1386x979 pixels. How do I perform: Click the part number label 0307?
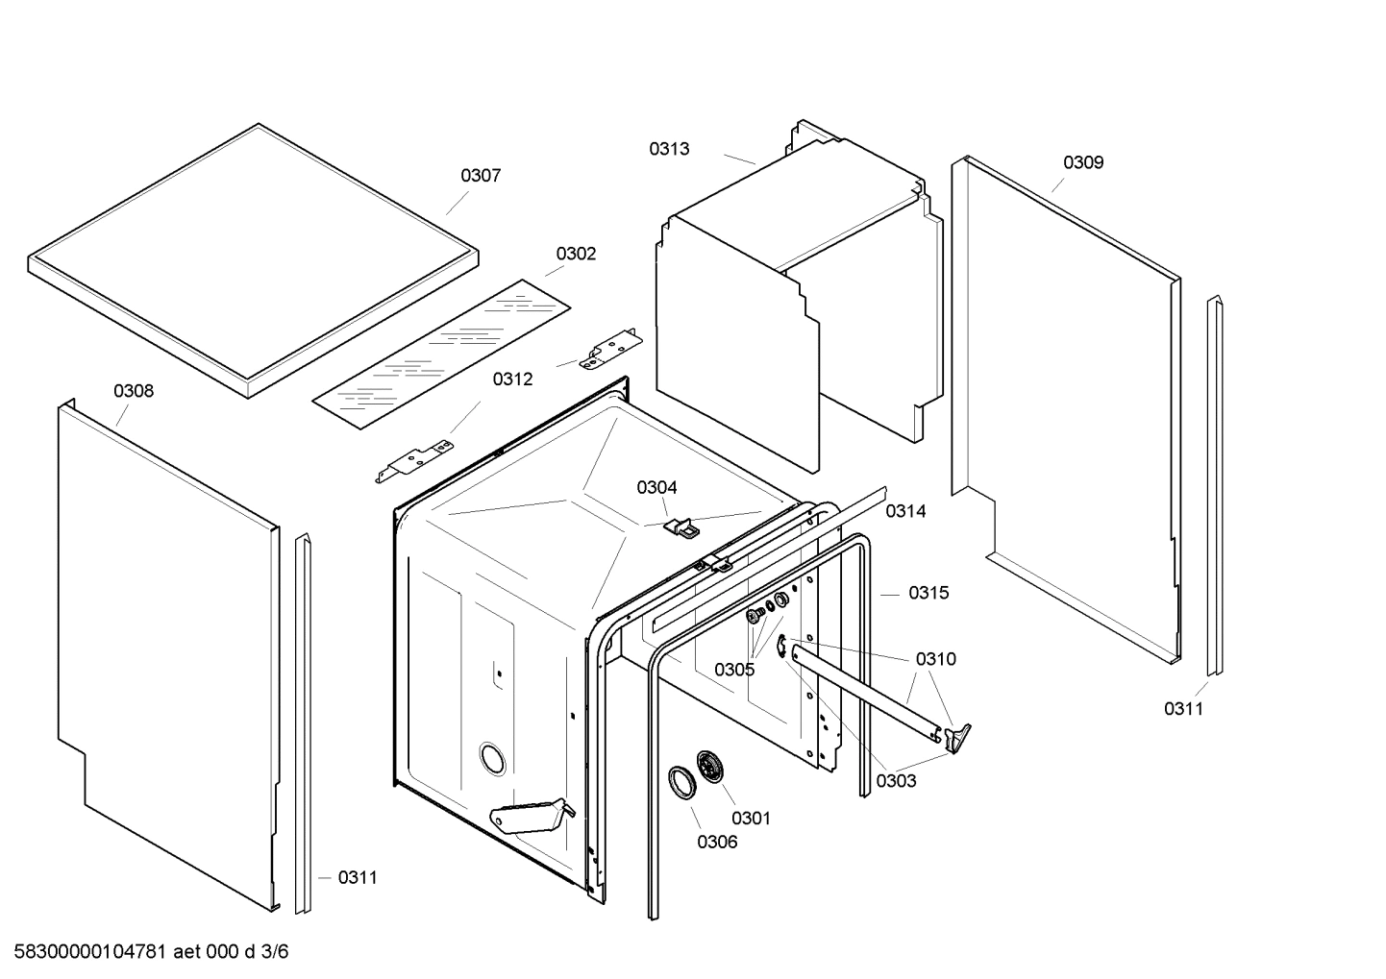481,175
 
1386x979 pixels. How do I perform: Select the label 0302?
576,254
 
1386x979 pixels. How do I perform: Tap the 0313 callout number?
668,149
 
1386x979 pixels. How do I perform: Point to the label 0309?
1082,162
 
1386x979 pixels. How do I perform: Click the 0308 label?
134,391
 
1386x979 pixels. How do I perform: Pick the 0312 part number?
512,379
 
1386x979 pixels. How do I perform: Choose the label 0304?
656,487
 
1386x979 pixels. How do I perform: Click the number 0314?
905,511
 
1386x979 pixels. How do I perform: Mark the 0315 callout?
928,593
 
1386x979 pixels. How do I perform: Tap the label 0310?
935,659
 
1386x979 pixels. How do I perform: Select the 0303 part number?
896,781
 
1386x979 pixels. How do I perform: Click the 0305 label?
734,670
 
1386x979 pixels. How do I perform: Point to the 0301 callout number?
751,819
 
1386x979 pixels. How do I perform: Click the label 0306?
717,843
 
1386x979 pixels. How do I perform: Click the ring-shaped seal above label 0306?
682,781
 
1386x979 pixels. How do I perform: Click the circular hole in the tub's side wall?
493,758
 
